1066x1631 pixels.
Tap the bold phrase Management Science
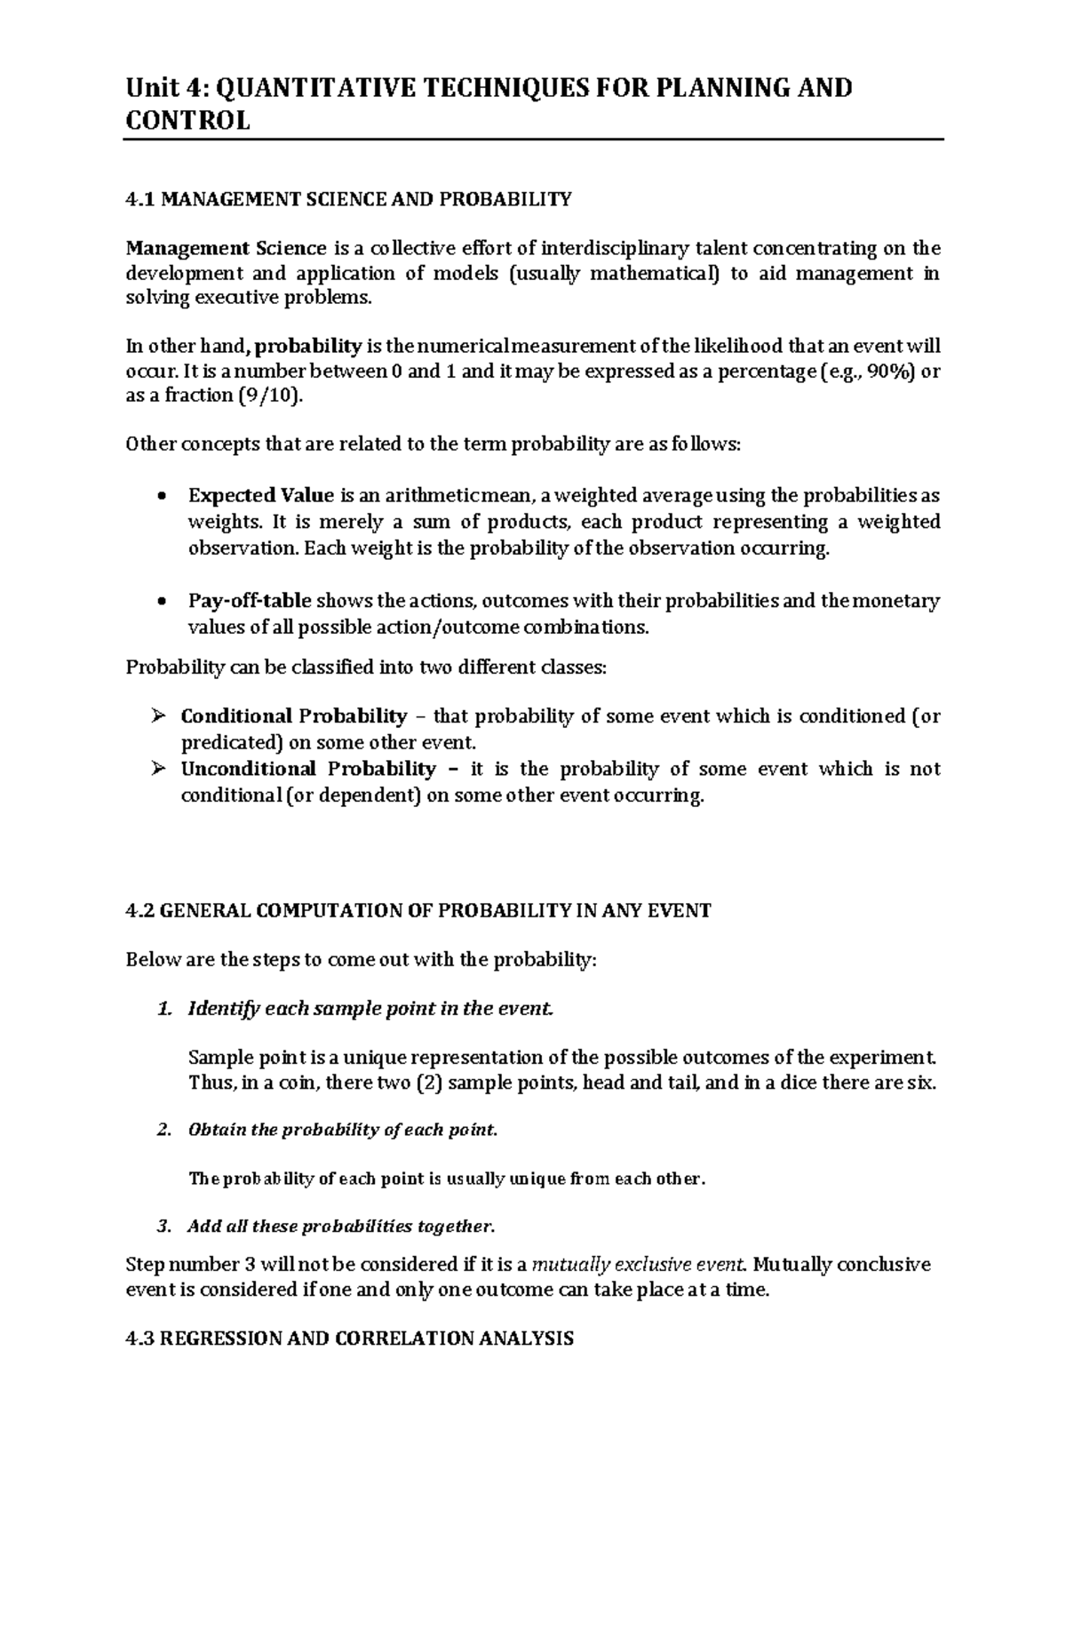(226, 248)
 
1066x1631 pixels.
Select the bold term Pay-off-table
(250, 602)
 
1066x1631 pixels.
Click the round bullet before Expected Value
(161, 497)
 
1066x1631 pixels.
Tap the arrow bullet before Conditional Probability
(158, 716)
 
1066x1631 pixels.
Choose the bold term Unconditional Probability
(307, 769)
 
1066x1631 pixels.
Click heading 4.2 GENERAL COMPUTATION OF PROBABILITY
(418, 911)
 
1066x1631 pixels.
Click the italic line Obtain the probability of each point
(343, 1131)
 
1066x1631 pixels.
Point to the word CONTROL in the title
(187, 121)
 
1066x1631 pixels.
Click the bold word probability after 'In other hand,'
(309, 347)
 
